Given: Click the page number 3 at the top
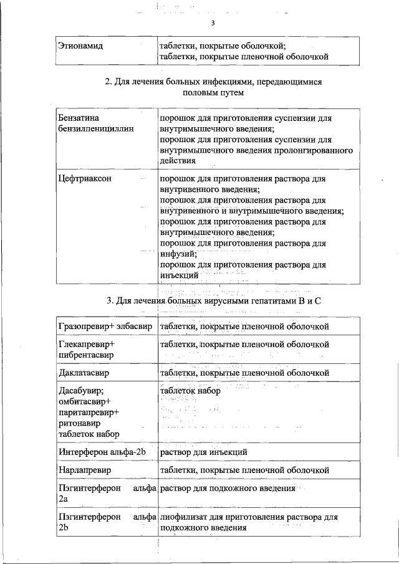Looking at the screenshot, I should coord(213,24).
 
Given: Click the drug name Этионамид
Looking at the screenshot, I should coord(80,46).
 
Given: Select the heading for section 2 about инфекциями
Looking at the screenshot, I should coord(213,87).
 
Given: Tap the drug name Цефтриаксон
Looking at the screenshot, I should coord(85,178).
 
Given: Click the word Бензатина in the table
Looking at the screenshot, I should coord(79,117).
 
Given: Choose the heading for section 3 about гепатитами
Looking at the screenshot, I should coord(213,302).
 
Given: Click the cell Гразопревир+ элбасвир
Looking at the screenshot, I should coord(105,326).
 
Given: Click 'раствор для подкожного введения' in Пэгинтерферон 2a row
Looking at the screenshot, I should coord(227,489).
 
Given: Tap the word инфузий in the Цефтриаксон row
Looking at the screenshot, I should coord(178,254).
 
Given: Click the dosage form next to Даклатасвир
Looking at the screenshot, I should coord(244,373).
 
